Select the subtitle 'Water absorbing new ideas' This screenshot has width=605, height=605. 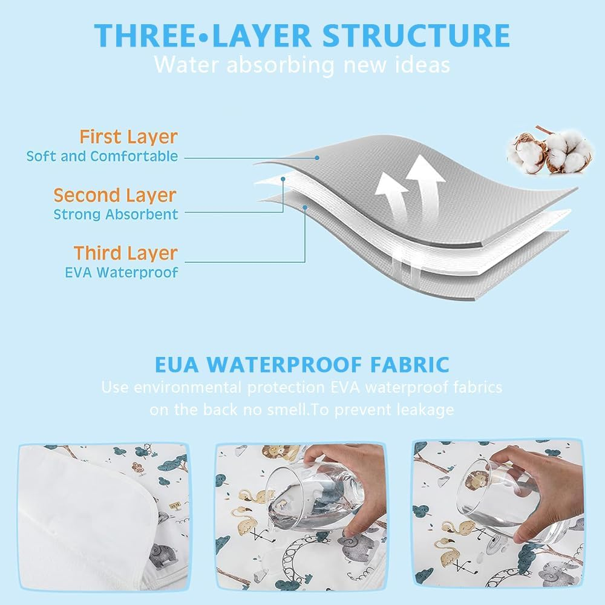tap(302, 64)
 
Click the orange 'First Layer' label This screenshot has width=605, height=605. tap(129, 137)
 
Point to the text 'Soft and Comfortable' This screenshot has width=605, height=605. tap(102, 156)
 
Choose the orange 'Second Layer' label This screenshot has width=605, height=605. tap(115, 195)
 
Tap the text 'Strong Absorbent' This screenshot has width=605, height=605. tap(116, 214)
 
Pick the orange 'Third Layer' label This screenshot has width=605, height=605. tap(126, 253)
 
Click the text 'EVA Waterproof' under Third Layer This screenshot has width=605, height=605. tap(122, 272)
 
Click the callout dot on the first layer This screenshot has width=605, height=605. tap(317, 157)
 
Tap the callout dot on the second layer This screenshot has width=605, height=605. tap(283, 179)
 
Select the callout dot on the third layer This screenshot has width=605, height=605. tap(306, 207)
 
